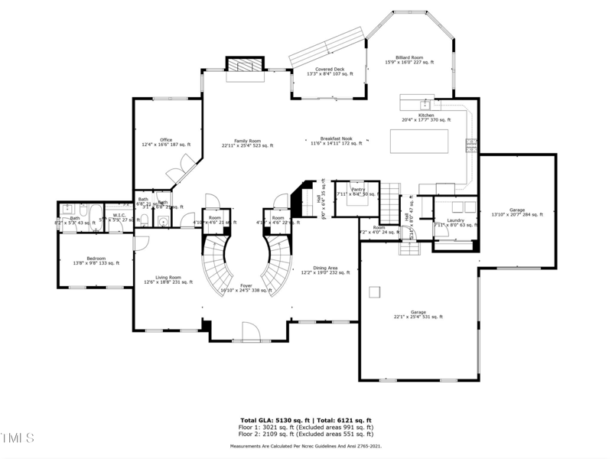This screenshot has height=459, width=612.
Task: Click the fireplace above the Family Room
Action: pos(245,67)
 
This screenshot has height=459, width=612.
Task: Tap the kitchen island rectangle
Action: pos(418,142)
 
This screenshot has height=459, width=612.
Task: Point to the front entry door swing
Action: pos(250,330)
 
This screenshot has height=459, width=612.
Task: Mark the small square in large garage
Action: pos(375,291)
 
